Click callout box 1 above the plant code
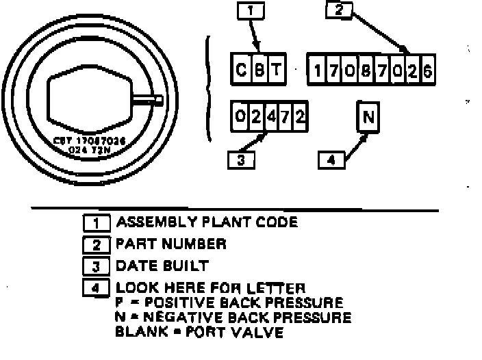click(251, 11)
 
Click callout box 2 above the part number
click(339, 10)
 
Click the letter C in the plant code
click(242, 70)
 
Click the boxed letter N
click(368, 118)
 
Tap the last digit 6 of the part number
click(428, 70)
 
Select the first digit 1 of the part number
click(316, 70)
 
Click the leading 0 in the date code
click(239, 117)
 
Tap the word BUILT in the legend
click(187, 265)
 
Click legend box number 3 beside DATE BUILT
click(95, 266)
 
